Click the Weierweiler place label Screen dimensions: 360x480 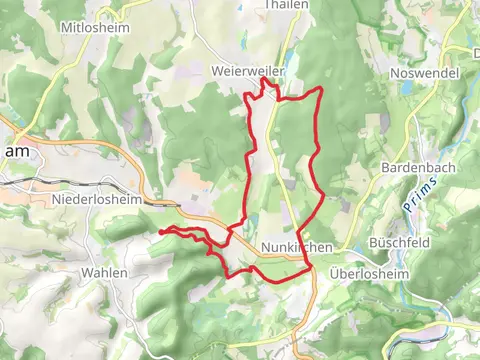(248, 72)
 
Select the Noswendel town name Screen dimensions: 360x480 (424, 73)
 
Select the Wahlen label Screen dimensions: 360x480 (104, 272)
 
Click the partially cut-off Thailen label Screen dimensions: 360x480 (285, 5)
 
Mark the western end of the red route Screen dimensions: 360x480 (160, 231)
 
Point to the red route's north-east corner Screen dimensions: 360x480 (319, 90)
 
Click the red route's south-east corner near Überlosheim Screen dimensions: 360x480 (308, 268)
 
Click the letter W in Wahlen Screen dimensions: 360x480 (85, 272)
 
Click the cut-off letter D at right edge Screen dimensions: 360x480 (475, 51)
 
